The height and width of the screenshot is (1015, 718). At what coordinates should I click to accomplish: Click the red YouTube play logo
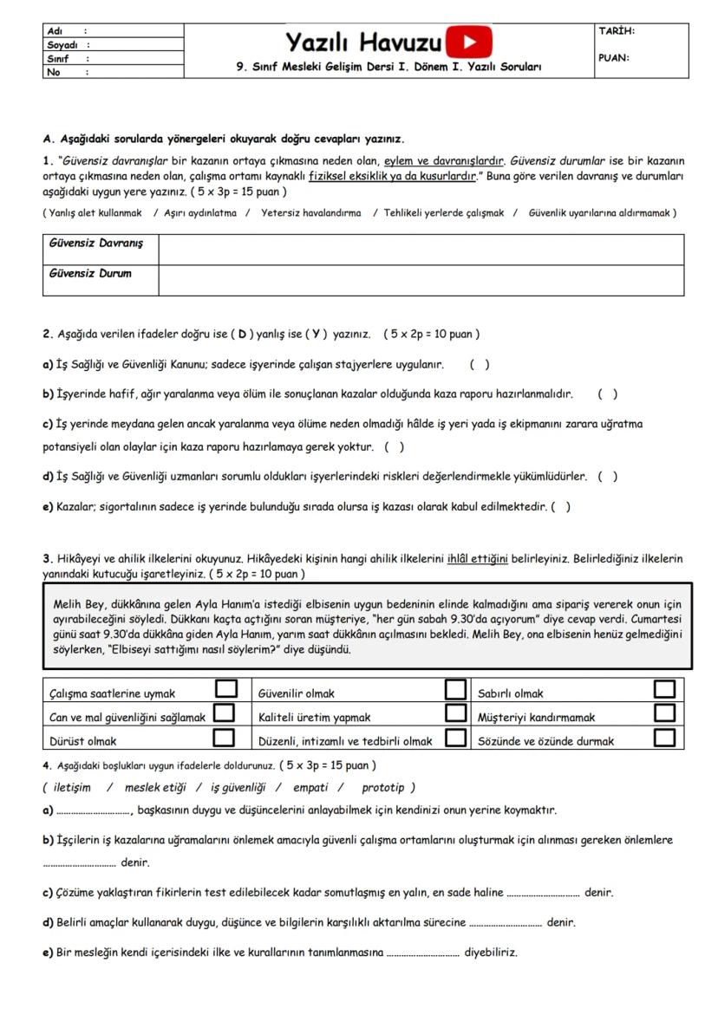pos(469,42)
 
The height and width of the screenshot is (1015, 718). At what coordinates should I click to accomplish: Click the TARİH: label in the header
pos(617,32)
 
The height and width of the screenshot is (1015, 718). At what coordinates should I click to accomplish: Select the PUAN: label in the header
pos(614,59)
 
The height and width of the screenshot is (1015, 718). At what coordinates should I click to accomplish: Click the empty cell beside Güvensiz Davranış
pos(421,250)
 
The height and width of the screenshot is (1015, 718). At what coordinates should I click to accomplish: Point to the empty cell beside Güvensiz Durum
pos(421,280)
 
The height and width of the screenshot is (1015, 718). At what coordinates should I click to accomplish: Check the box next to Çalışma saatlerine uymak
pos(225,689)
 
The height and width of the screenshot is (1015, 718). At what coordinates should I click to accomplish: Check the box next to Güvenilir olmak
pos(456,689)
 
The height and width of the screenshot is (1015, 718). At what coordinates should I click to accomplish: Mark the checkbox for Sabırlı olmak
pos(665,689)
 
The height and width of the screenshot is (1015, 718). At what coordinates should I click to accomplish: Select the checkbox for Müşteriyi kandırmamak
pos(665,713)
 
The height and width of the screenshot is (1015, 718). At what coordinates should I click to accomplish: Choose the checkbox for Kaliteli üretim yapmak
pos(456,713)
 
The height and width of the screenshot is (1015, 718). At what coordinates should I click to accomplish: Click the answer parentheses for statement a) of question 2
pos(480,365)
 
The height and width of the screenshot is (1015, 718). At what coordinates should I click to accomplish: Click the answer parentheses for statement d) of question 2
pos(608,476)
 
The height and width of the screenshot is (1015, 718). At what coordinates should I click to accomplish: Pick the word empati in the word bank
pos(310,787)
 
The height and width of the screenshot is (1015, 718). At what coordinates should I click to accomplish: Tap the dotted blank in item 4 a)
pos(92,811)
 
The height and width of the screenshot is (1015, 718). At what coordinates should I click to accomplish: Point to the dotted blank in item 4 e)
pos(422,953)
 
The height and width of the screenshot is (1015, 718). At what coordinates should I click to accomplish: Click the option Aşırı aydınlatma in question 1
pos(199,212)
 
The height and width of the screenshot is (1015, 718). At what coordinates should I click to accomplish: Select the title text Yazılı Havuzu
pos(363,41)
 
